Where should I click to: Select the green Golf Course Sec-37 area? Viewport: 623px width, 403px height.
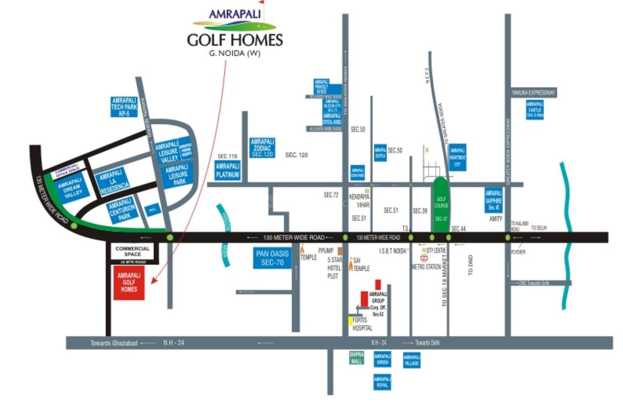440,207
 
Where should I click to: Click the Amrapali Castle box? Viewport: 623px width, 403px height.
534,110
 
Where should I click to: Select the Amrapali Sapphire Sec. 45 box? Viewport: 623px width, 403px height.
492,200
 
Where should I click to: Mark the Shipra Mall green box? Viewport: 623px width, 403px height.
357,358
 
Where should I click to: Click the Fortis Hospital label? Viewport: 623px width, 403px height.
363,323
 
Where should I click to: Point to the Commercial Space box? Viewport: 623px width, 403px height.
132,251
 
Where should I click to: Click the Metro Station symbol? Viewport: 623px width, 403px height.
423,258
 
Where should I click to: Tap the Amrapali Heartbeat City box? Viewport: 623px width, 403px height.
458,157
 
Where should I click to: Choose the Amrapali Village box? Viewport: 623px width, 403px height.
411,361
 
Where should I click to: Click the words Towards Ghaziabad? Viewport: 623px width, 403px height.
114,343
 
